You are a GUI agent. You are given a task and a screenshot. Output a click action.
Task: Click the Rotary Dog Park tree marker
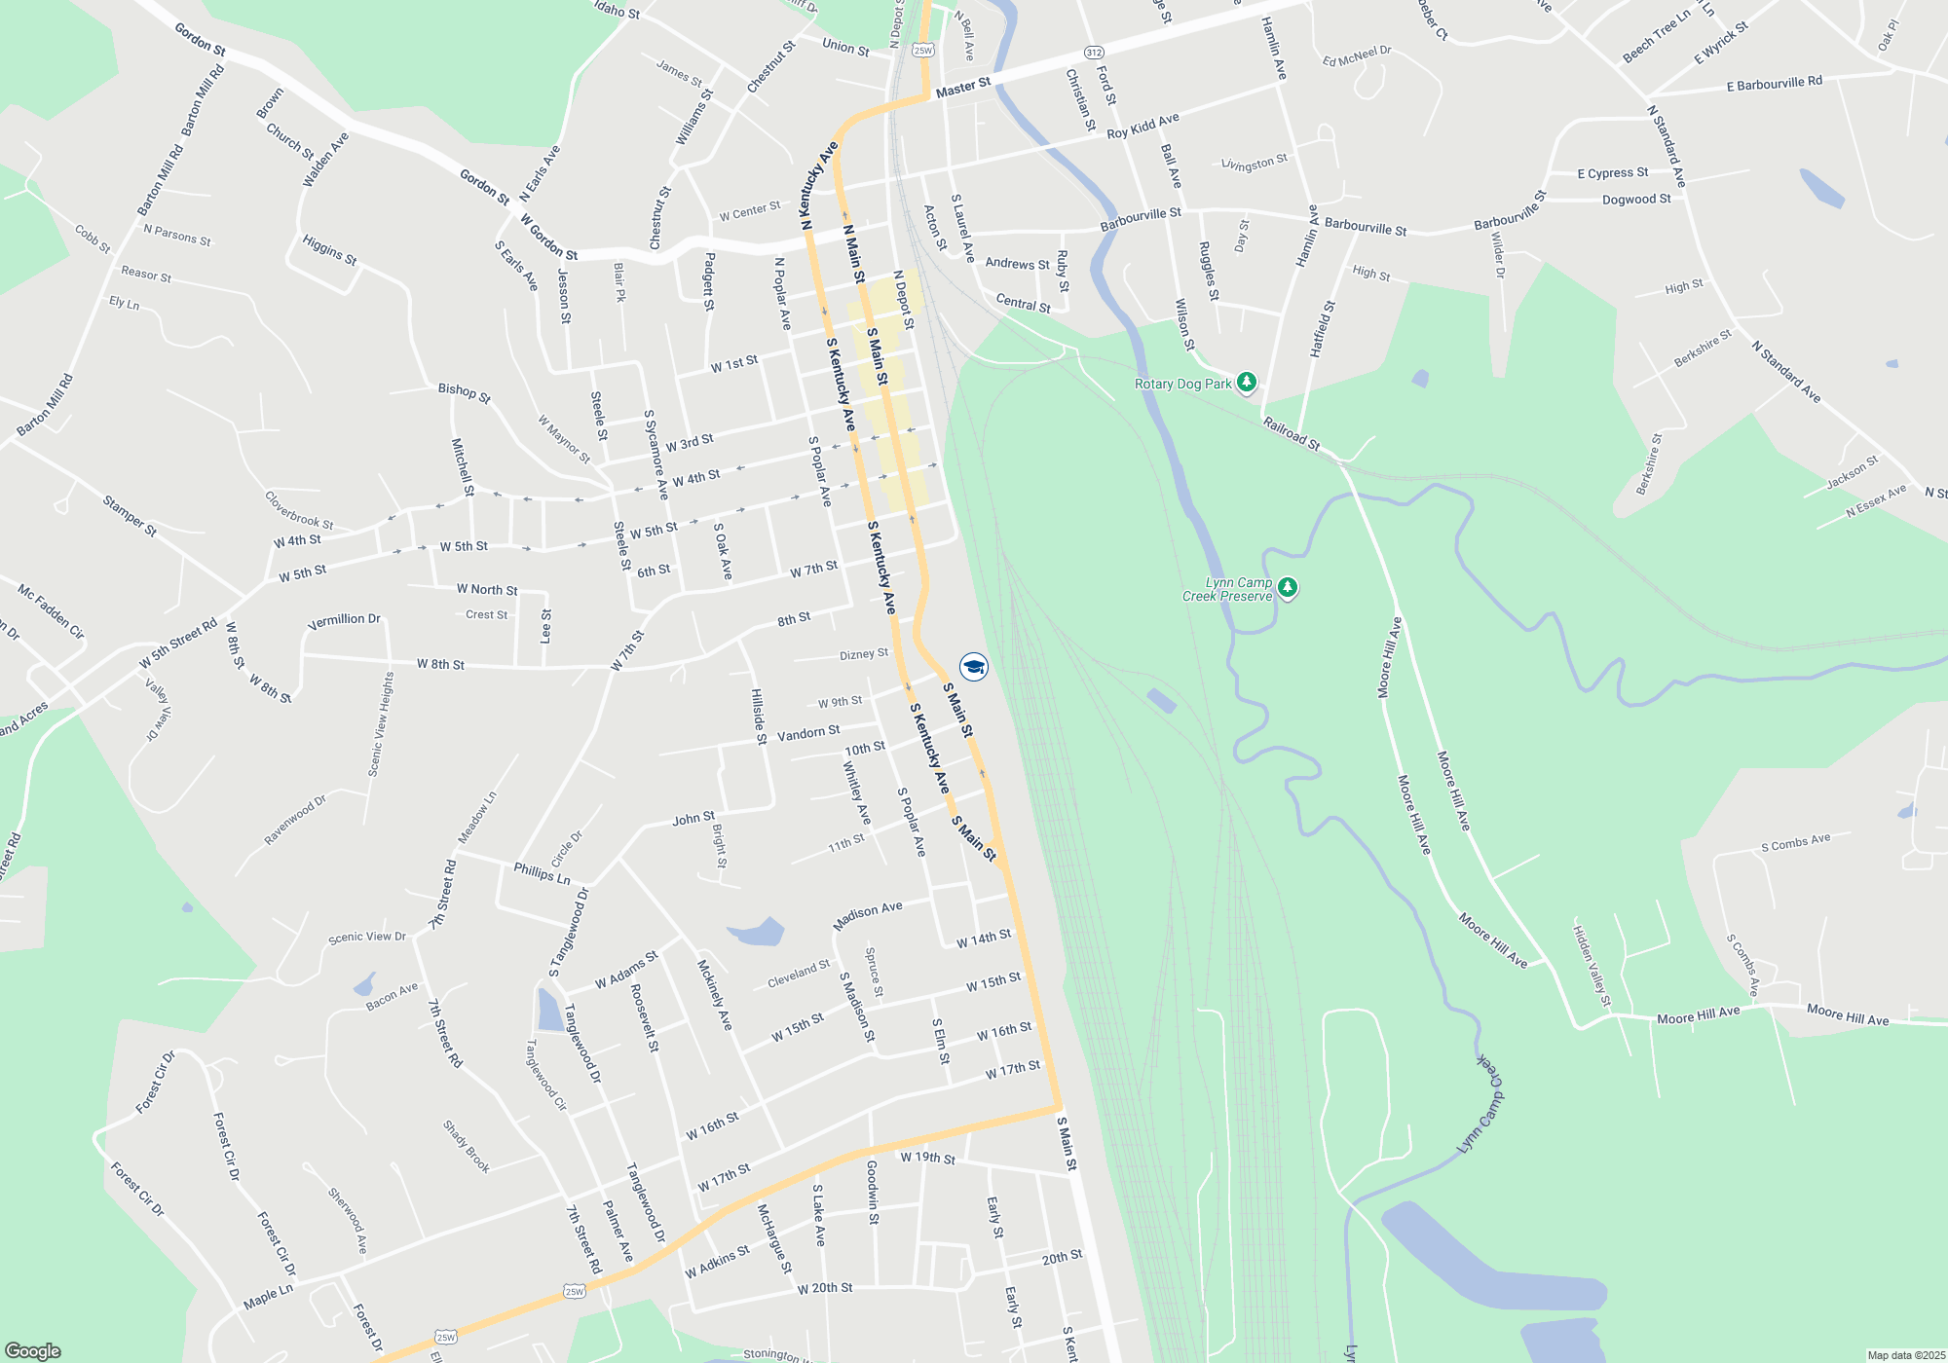(1246, 383)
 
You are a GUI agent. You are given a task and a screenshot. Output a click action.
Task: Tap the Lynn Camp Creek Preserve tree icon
(1287, 588)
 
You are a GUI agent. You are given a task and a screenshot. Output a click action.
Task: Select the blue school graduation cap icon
(973, 667)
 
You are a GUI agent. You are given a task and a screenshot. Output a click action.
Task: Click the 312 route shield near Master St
(1094, 53)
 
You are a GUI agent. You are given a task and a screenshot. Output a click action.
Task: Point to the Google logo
(32, 1350)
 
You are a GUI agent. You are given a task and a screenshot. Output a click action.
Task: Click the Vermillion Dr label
(344, 620)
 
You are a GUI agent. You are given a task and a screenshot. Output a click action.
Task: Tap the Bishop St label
(464, 392)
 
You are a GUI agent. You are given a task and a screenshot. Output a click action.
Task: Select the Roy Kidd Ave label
(1143, 126)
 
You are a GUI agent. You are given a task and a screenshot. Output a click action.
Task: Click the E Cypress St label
(1612, 173)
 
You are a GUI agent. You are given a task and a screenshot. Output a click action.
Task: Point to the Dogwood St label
(1636, 200)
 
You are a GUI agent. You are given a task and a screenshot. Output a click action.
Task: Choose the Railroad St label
(1291, 433)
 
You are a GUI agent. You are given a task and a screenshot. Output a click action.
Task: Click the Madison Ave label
(867, 915)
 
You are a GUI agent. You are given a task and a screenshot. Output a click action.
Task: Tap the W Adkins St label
(717, 1262)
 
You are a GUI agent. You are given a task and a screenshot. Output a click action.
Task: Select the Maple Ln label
(268, 1297)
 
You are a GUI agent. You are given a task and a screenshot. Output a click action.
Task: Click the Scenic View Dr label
(366, 937)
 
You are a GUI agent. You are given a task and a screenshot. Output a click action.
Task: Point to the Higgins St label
(329, 250)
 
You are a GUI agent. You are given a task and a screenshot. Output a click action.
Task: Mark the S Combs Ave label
(1795, 842)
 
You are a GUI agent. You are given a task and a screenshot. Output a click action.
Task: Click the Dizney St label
(864, 654)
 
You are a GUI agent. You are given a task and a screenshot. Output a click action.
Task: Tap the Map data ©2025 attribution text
(1906, 1355)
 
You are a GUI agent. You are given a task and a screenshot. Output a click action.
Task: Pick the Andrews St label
(1017, 264)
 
